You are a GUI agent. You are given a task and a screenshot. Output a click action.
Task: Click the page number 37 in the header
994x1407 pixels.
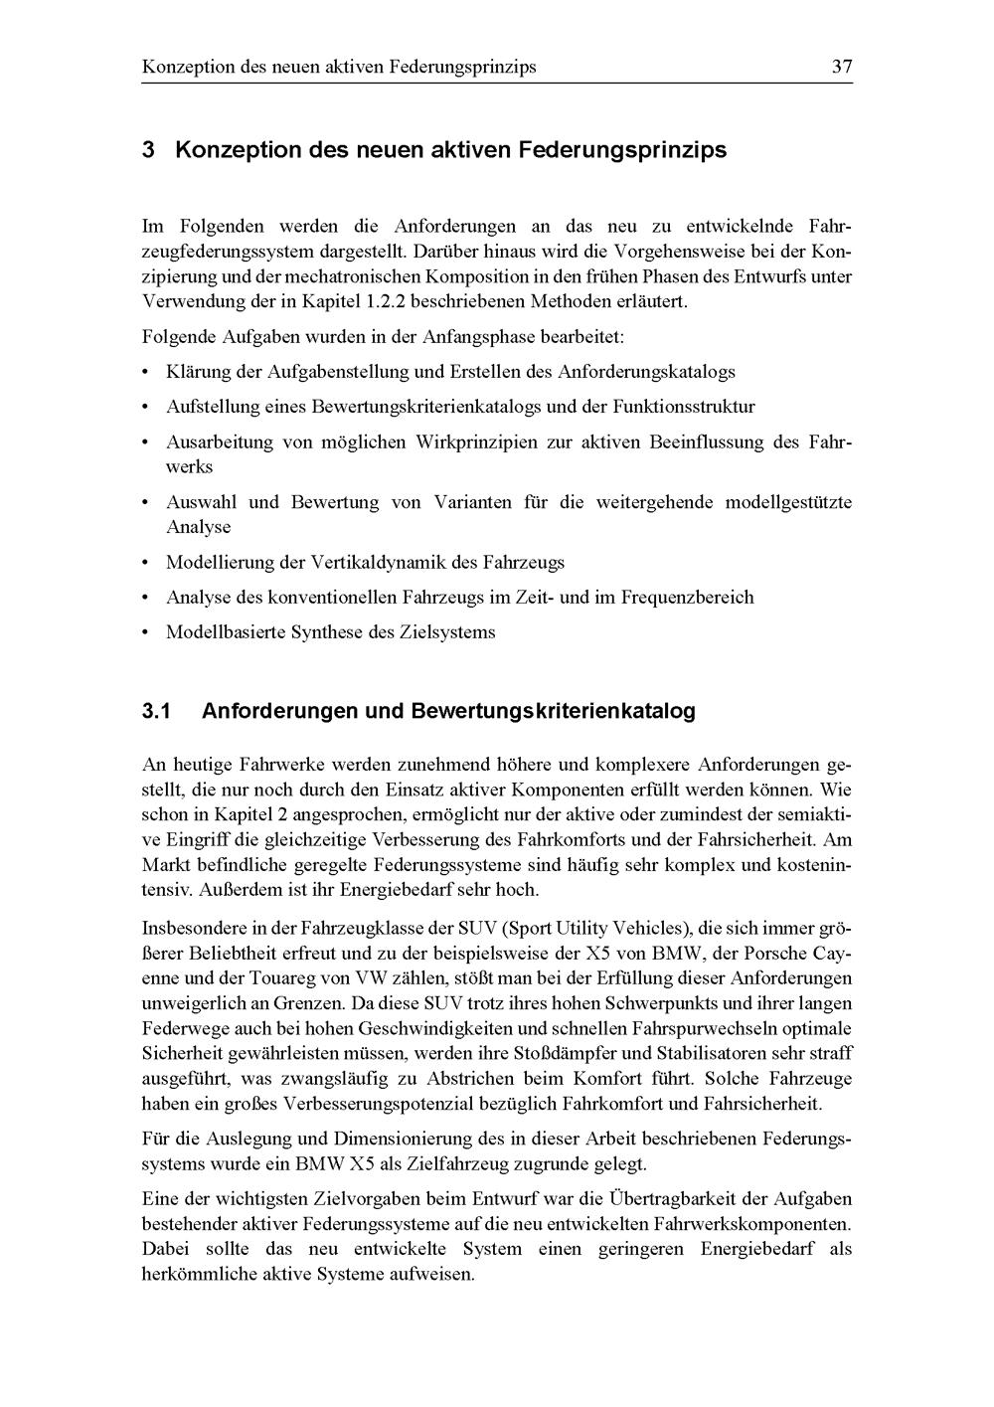(x=842, y=68)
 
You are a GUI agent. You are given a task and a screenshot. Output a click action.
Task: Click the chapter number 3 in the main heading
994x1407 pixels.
(x=148, y=150)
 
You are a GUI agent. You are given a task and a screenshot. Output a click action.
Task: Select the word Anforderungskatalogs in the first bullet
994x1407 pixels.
(x=646, y=372)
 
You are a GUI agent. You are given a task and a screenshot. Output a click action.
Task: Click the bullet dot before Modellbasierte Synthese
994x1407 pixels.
(x=147, y=632)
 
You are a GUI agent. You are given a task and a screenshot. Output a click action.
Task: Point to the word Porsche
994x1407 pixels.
(x=794, y=953)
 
